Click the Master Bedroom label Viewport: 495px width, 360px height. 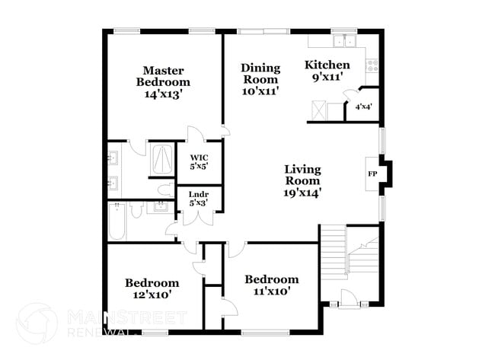pos(163,82)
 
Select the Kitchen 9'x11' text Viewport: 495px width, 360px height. pos(327,71)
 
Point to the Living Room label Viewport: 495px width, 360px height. pos(302,181)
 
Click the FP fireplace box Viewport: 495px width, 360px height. pos(372,174)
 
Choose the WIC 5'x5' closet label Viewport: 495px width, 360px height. pos(199,161)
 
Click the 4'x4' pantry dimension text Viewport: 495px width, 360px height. pos(363,107)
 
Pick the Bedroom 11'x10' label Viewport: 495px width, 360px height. pos(271,285)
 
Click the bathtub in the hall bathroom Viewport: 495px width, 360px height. pos(117,222)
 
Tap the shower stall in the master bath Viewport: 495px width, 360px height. pos(163,158)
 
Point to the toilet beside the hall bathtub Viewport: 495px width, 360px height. pos(135,210)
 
